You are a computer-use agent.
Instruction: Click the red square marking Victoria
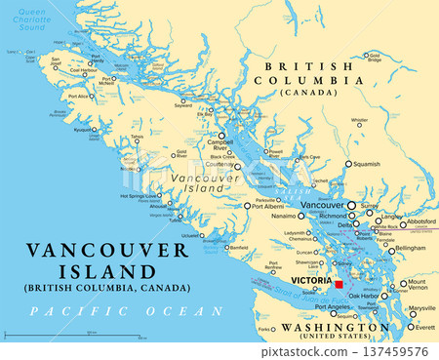[339, 285]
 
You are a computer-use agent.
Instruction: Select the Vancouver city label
[323, 205]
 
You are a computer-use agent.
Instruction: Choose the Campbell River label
[220, 147]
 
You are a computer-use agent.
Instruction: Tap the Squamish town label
[365, 164]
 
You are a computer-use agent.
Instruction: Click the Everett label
[424, 328]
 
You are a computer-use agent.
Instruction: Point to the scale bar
[89, 336]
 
